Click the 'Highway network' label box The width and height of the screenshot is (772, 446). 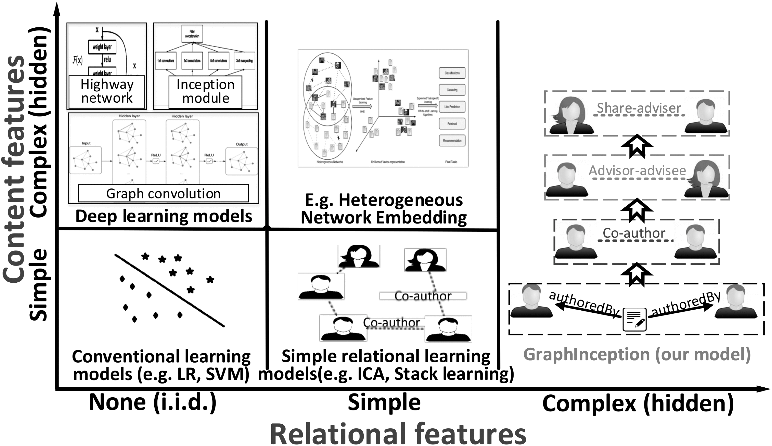click(x=107, y=92)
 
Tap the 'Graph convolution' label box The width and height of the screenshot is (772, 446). click(x=164, y=193)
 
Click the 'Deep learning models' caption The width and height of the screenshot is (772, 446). click(x=164, y=216)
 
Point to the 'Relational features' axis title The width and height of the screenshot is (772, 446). click(x=398, y=434)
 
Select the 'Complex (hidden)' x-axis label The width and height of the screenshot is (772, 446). click(x=638, y=403)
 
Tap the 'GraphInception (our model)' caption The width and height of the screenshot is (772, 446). click(x=637, y=354)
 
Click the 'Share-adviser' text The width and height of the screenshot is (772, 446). click(x=639, y=108)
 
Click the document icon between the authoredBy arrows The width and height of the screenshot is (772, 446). click(x=635, y=320)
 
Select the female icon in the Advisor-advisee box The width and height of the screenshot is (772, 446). click(x=706, y=179)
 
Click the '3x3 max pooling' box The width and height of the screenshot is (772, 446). click(x=244, y=61)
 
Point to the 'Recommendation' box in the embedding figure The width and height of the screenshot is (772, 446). click(x=452, y=141)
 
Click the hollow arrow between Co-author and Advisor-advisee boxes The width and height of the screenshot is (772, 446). click(x=637, y=210)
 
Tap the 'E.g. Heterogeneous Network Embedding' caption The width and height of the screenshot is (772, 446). click(x=384, y=209)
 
